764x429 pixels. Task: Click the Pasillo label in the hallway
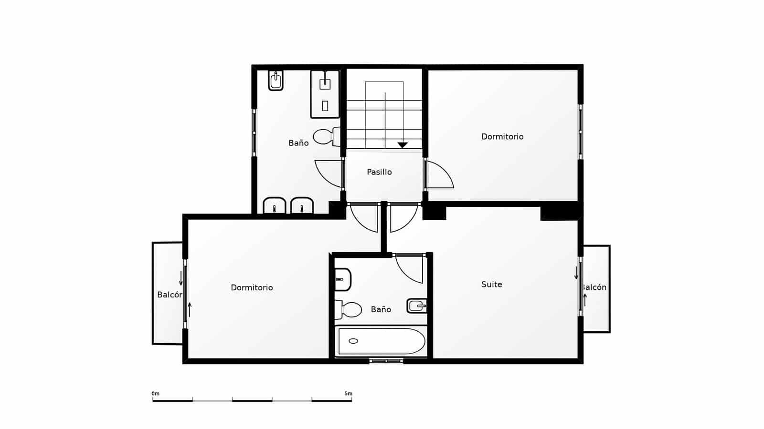379,172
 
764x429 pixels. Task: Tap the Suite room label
491,285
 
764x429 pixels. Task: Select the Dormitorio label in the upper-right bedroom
502,137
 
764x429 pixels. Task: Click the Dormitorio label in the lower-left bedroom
252,287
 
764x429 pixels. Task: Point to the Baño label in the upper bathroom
298,143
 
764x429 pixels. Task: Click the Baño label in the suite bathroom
381,309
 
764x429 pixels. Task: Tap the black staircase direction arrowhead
403,145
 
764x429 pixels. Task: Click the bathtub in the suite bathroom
381,341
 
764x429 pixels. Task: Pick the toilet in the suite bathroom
349,309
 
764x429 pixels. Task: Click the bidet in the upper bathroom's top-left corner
276,81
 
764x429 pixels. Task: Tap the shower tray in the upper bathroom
325,94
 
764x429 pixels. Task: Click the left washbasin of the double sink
275,206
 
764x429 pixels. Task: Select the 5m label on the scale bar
348,394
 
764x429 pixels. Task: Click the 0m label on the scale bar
155,394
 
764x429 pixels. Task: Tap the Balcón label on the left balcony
170,295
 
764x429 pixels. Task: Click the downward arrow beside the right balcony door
576,273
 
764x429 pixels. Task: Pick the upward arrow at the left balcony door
190,309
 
